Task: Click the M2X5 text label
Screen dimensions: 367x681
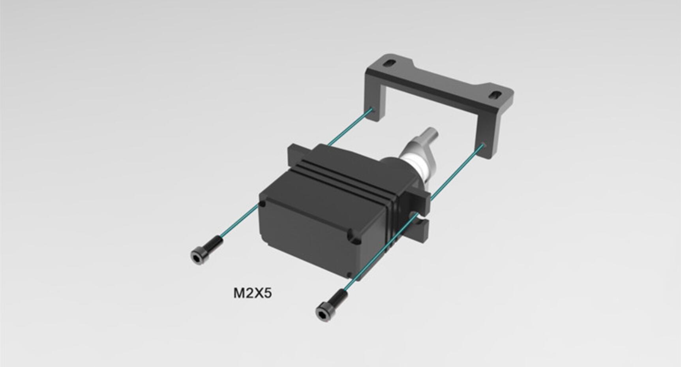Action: coord(252,294)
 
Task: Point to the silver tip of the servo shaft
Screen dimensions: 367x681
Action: coord(431,135)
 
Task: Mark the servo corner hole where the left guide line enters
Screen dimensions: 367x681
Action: coord(262,204)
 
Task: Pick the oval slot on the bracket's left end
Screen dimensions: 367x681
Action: coord(390,63)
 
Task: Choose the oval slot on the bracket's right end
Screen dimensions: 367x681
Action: coord(495,95)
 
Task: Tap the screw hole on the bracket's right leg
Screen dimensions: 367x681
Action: coord(484,145)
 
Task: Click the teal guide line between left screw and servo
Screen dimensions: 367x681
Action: coord(241,221)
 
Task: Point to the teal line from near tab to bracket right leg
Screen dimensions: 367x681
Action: coord(458,170)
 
